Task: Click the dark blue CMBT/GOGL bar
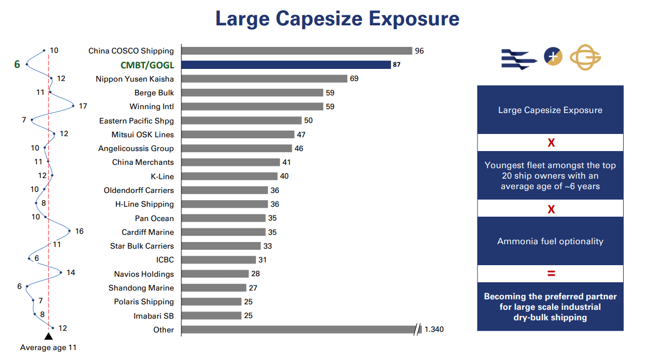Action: click(x=286, y=65)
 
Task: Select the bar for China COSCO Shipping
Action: click(x=297, y=51)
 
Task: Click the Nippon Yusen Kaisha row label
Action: click(x=135, y=79)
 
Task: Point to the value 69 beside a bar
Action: click(x=354, y=79)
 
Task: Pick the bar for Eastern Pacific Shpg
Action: click(x=242, y=120)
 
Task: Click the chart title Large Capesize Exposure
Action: click(x=337, y=19)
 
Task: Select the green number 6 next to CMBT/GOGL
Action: click(x=17, y=65)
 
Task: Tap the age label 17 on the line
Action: click(x=83, y=106)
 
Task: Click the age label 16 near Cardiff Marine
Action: click(x=79, y=231)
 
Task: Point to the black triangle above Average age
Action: click(x=49, y=336)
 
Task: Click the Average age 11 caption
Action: click(x=49, y=348)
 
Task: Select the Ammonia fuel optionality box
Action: click(x=550, y=241)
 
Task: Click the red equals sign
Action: click(x=550, y=273)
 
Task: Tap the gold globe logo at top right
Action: click(x=585, y=57)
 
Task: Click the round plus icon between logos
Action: click(x=553, y=56)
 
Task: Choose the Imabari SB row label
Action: click(x=153, y=316)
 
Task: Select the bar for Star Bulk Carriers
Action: click(x=221, y=246)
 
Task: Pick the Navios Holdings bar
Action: click(x=215, y=274)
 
